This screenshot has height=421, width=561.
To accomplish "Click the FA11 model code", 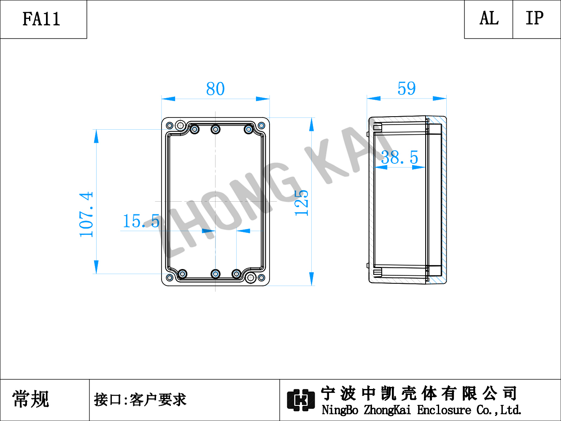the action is point(41,19).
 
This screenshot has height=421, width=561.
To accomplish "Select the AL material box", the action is point(488,19).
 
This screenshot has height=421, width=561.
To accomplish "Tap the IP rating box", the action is point(537,19).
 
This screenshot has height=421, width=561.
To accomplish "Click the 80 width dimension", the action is point(216,89).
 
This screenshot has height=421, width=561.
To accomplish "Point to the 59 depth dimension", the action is point(407,88).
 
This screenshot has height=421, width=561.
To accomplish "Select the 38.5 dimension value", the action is point(400,157).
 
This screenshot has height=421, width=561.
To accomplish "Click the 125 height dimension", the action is point(302,203).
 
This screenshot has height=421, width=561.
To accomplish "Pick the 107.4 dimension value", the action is point(86,214).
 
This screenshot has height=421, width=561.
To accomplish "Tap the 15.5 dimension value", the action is point(141,221).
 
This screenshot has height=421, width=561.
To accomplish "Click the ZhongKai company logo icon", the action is point(301,400).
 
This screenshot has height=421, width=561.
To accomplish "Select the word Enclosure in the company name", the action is point(444,410).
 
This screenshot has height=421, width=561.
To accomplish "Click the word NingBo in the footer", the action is point(340,410).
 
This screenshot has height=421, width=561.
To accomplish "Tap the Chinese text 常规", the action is point(30,399).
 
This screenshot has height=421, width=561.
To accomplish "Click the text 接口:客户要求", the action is point(140,400).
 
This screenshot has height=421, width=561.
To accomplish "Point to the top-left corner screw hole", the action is point(170,125).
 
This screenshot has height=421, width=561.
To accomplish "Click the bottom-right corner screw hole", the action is point(261,278).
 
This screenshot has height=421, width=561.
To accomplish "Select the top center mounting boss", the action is point(216,129).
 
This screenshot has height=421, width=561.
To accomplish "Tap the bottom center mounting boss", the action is point(216,274).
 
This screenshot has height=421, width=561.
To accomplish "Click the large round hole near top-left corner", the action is point(181,125).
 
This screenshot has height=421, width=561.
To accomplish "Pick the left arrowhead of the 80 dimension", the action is point(168,99).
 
